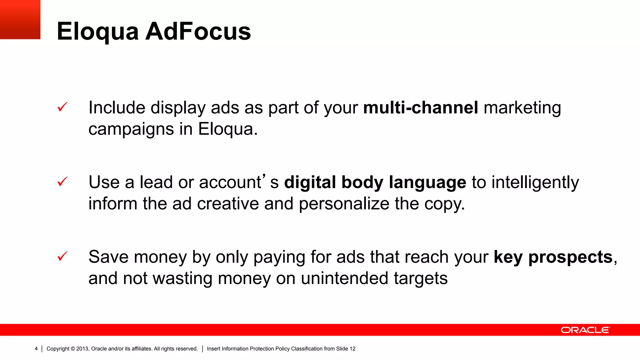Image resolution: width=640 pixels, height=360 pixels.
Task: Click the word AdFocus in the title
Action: [x=198, y=32]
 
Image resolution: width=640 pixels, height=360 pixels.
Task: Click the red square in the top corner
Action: [x=20, y=19]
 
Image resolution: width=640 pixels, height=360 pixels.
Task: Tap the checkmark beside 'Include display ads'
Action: [x=62, y=107]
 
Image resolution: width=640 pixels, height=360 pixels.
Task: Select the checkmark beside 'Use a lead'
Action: [x=62, y=182]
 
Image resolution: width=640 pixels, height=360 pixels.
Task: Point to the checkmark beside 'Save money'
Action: [x=62, y=256]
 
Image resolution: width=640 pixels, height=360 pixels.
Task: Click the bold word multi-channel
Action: [x=421, y=107]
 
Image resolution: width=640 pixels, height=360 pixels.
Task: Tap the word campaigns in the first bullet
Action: [x=131, y=129]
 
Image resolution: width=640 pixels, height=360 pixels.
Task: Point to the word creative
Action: [x=228, y=204]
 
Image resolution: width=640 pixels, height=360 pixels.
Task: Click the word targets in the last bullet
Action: [x=421, y=279]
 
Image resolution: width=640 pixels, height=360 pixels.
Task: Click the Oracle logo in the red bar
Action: [x=585, y=330]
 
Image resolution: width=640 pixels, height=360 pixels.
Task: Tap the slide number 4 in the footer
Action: [x=36, y=349]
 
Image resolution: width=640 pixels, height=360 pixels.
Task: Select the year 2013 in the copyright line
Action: [x=82, y=349]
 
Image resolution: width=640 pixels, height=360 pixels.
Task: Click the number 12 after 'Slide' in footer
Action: [x=352, y=349]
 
